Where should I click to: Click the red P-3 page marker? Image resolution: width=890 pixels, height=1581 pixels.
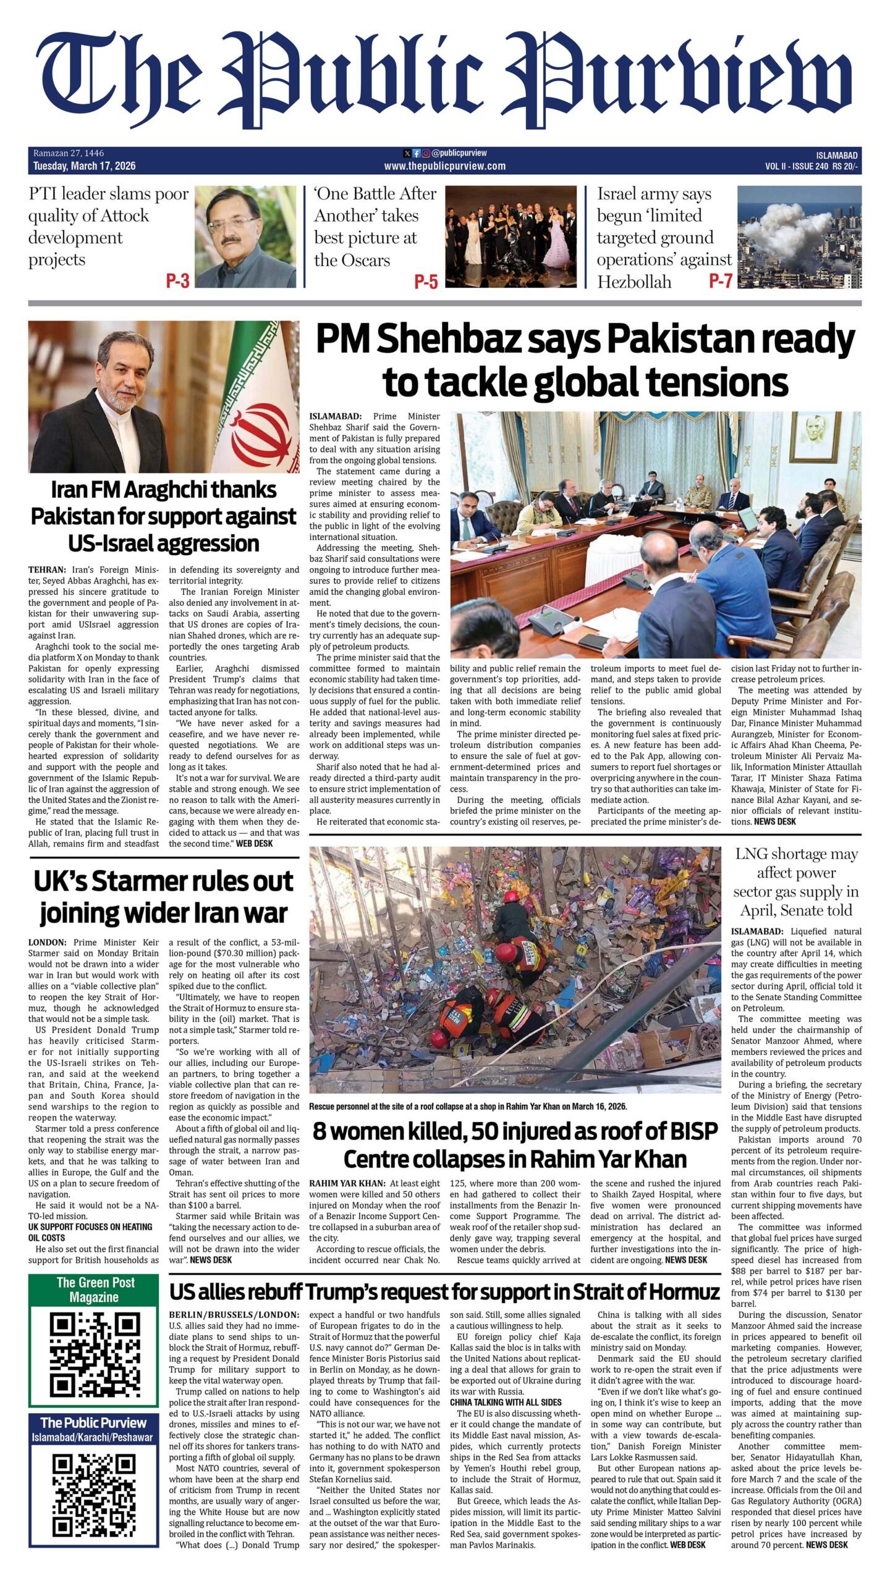pyautogui.click(x=177, y=282)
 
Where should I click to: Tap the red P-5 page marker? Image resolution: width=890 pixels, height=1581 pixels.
pyautogui.click(x=426, y=282)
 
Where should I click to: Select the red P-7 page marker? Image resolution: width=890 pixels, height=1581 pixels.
pyautogui.click(x=720, y=281)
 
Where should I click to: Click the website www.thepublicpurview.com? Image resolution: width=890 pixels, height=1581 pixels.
pyautogui.click(x=444, y=166)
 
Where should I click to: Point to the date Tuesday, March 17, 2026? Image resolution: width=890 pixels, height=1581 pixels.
pyautogui.click(x=85, y=166)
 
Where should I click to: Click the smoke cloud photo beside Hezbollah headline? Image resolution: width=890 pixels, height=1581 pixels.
pyautogui.click(x=799, y=237)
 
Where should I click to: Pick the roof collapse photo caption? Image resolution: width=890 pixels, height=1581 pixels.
pyautogui.click(x=468, y=1106)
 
